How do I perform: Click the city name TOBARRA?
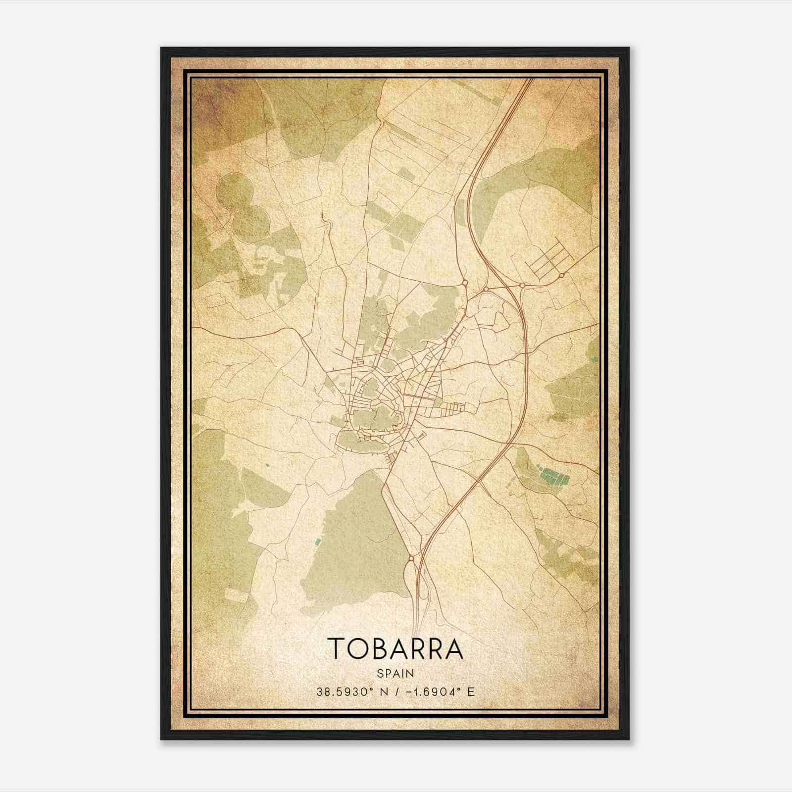[395, 648]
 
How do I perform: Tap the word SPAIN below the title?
[395, 673]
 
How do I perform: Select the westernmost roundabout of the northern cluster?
[465, 283]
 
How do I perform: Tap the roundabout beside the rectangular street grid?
[562, 275]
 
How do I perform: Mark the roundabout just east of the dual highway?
[522, 286]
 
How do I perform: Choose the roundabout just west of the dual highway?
[486, 289]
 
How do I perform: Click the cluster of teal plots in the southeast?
[553, 477]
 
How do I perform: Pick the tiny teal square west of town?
[267, 465]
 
